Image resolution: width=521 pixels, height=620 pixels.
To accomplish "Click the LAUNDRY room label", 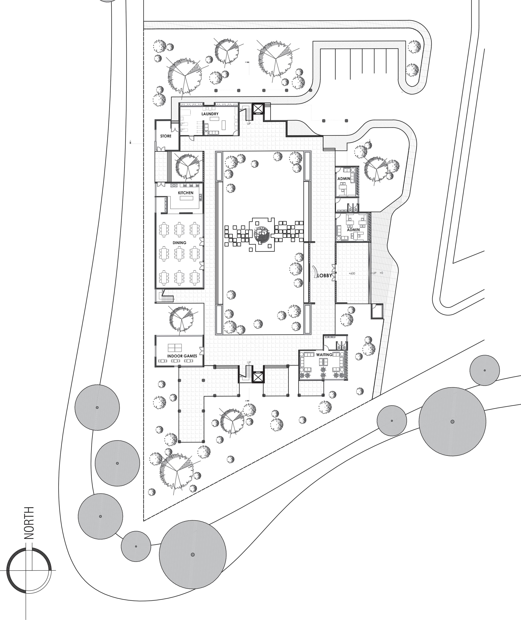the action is (x=210, y=114).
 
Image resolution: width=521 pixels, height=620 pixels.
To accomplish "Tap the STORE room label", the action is (x=166, y=136).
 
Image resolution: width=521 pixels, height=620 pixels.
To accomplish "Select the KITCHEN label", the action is (x=185, y=193).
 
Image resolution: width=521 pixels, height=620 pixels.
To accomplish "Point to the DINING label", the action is (x=180, y=243).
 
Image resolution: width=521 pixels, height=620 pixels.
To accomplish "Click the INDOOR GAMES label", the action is (x=182, y=356).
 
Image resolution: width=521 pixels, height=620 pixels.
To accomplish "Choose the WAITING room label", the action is (x=324, y=354).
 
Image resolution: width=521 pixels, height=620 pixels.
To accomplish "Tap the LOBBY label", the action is (x=324, y=275).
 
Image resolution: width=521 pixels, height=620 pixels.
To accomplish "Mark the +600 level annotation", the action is (x=352, y=273).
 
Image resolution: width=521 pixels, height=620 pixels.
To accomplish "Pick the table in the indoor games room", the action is (x=175, y=348).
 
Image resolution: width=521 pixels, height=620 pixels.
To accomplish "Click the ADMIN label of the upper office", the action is (x=344, y=179).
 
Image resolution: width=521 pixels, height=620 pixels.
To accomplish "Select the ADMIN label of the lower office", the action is (x=353, y=230).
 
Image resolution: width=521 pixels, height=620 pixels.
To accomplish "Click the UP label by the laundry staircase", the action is (x=249, y=124).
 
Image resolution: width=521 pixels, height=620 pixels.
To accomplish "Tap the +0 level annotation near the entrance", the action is (x=381, y=273).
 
